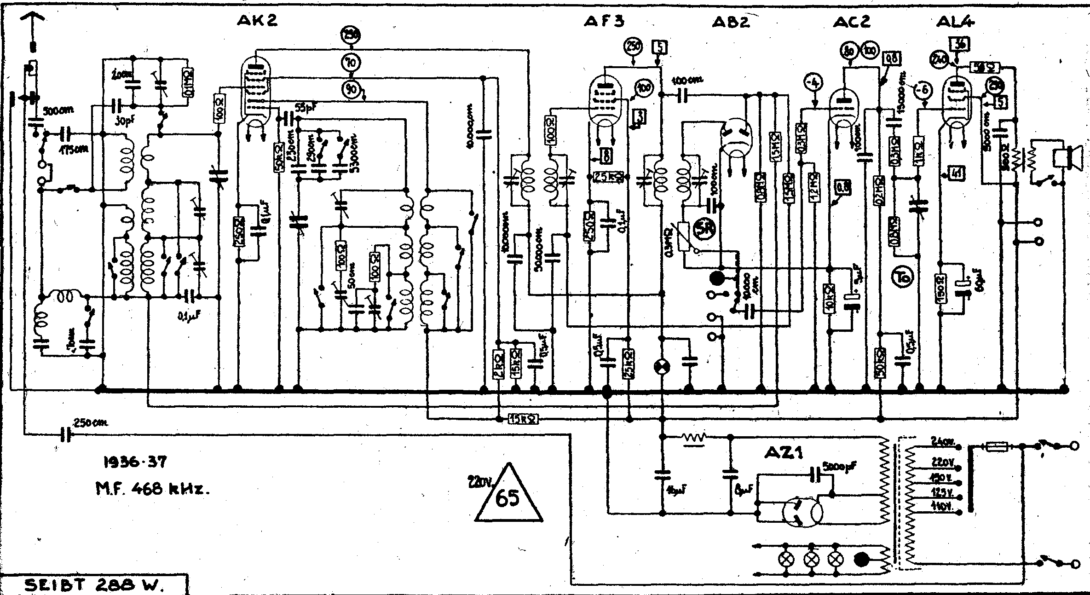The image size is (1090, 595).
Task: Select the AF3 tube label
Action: (x=605, y=21)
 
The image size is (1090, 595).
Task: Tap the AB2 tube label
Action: (x=731, y=22)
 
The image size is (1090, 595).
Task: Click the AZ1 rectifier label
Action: (x=783, y=453)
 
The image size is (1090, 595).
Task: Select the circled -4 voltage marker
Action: (x=814, y=84)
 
